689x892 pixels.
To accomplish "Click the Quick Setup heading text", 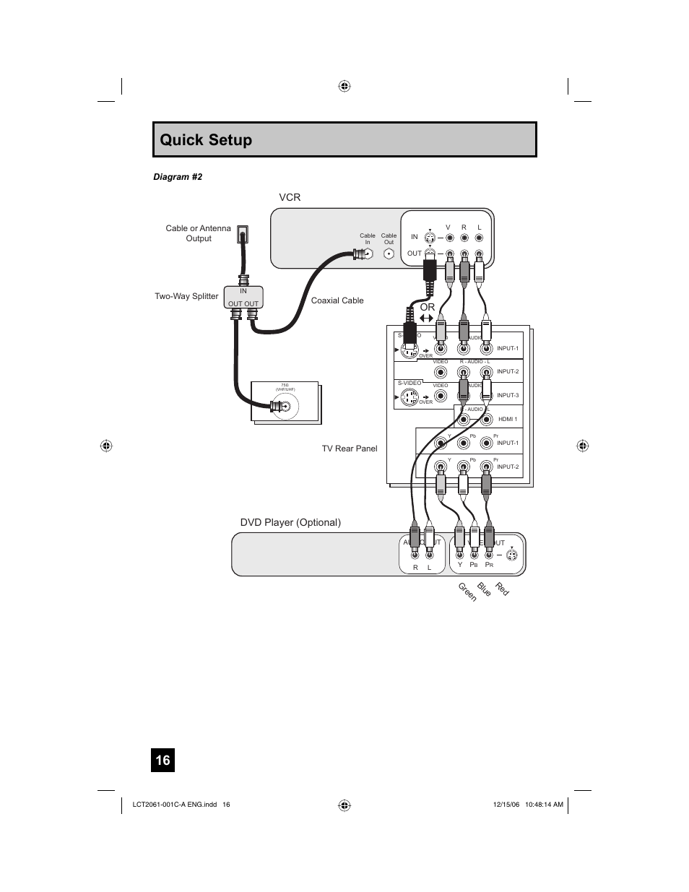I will click(x=206, y=140).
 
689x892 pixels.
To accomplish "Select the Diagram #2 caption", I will click(x=177, y=177).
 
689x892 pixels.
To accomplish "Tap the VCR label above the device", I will click(x=290, y=197).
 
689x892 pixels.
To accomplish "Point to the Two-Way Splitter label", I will click(x=186, y=296).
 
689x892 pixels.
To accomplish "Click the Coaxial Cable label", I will click(x=337, y=300).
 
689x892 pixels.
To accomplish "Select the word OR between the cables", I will click(x=428, y=307).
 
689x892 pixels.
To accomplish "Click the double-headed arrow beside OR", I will click(x=426, y=318).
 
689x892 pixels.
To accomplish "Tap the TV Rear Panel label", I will click(x=350, y=449).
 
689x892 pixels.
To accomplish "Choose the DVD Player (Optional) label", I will click(x=290, y=522).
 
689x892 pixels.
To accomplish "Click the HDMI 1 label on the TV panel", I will click(x=508, y=419).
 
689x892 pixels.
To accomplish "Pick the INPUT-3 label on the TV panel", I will click(x=508, y=395).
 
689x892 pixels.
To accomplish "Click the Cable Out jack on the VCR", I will click(x=389, y=254).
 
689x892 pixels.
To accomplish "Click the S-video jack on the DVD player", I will click(x=511, y=555).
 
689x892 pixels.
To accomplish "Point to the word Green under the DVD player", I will click(x=467, y=592).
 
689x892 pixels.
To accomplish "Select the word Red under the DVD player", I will click(x=502, y=589).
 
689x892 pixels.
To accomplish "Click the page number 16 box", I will click(x=162, y=760).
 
